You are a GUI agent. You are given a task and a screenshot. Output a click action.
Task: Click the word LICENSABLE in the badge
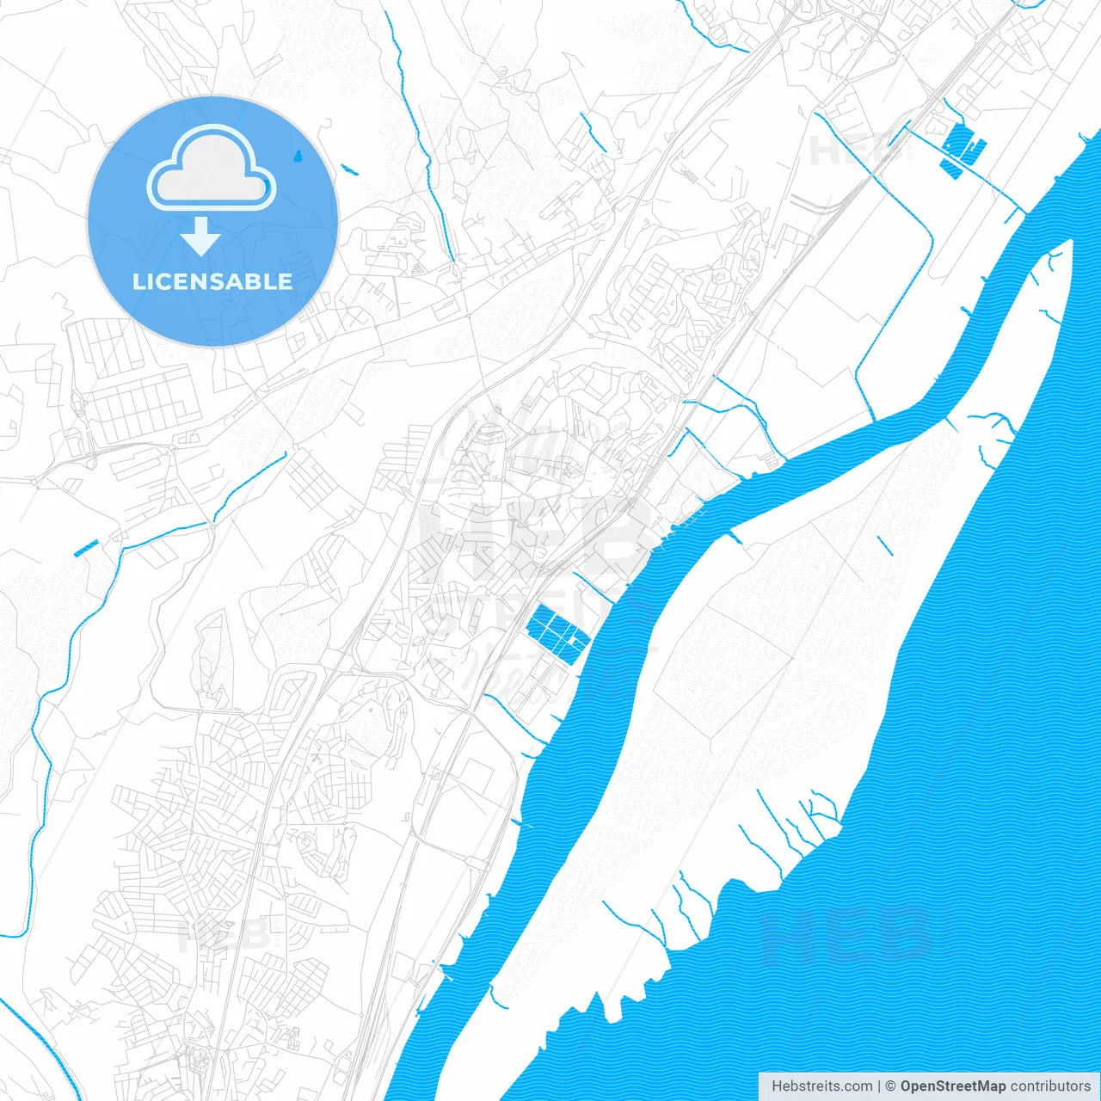coord(212,281)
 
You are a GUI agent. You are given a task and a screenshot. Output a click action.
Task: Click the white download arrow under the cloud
coord(201,237)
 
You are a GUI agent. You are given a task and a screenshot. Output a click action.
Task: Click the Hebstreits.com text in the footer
coord(821,1086)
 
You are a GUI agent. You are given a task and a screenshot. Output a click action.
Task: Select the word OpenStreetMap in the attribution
coord(953,1086)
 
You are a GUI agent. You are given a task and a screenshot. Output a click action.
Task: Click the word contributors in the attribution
coord(1050,1086)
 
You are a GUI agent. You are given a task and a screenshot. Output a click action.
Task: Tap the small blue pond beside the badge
coord(298,157)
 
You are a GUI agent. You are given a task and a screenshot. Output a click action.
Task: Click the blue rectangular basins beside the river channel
coord(557,633)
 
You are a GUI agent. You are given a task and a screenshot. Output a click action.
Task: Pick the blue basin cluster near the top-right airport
coord(962,153)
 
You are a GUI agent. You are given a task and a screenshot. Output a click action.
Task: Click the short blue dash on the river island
coord(884,544)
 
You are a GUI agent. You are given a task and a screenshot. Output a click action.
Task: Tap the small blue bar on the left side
coord(86,547)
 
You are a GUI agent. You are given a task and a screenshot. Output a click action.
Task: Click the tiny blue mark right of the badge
coord(349,169)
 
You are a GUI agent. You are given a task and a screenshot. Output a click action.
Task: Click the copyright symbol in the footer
coord(890,1086)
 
